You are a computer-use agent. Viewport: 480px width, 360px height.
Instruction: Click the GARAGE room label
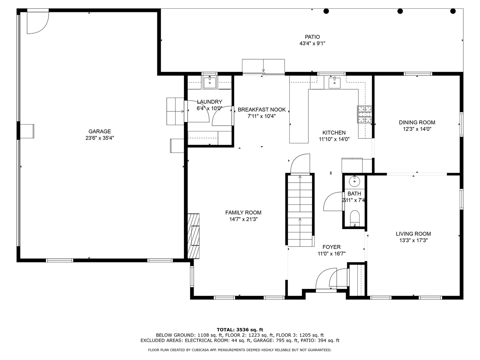tap(99, 131)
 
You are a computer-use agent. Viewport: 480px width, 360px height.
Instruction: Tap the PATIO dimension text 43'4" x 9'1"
tap(312, 43)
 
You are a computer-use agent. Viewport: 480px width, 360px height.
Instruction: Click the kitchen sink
tap(334, 83)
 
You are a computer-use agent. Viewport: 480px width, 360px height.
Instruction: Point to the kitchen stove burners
tap(364, 114)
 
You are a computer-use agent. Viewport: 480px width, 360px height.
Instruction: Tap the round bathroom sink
tap(354, 181)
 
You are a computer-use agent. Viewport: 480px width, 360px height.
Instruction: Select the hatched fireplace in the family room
tap(193, 236)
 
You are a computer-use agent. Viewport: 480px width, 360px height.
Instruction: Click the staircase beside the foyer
tap(300, 211)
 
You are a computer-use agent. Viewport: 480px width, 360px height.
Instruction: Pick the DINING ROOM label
tap(417, 122)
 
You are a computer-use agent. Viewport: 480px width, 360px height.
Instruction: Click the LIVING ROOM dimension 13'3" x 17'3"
tap(414, 240)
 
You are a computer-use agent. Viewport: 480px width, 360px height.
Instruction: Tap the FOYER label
tap(332, 247)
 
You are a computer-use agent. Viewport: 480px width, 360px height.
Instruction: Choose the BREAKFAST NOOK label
tap(262, 110)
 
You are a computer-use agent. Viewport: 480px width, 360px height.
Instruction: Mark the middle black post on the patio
tap(400, 11)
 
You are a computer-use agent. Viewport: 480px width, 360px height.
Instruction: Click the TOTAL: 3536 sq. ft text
tap(240, 330)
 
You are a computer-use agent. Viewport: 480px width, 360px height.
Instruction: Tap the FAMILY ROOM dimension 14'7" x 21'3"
tap(243, 219)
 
